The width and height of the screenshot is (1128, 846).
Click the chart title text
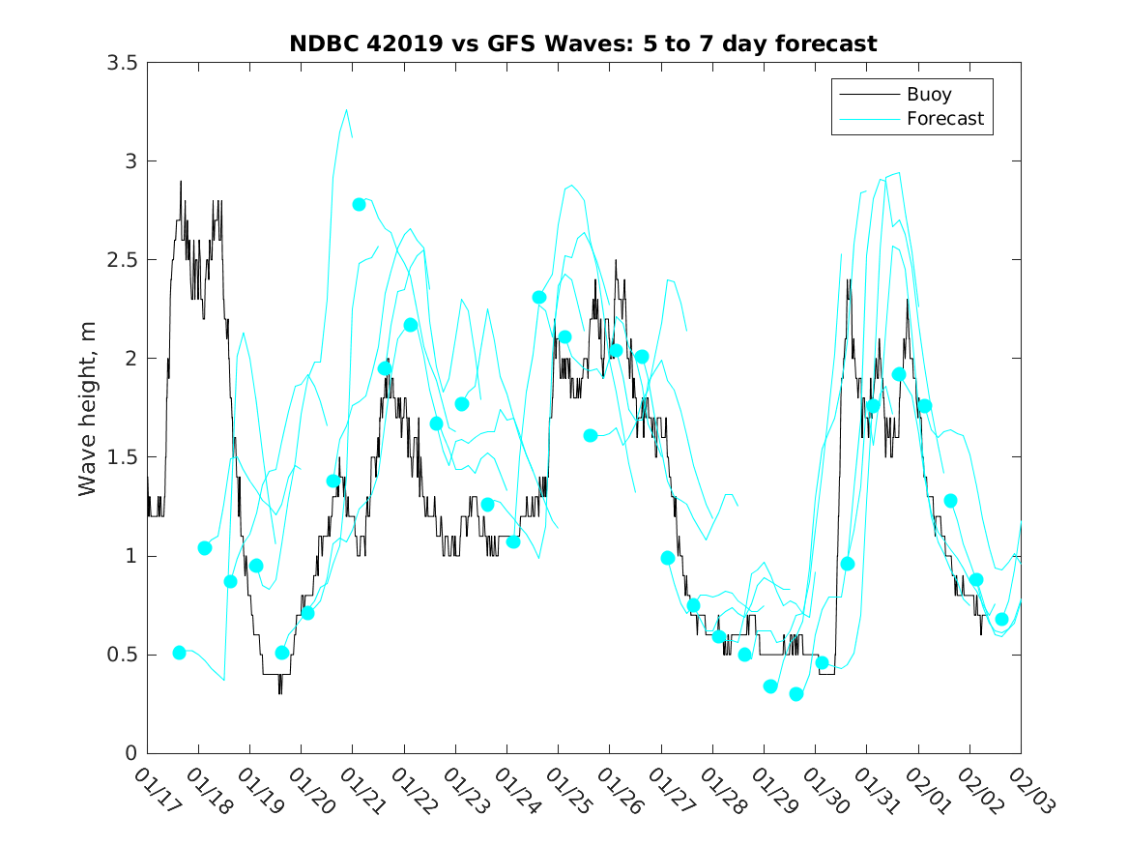tap(583, 44)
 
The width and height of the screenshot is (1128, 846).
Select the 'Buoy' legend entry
tap(928, 95)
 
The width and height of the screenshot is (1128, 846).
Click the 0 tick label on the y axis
tap(130, 753)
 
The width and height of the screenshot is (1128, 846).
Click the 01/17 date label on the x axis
tap(155, 792)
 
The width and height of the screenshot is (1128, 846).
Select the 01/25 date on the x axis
tap(565, 792)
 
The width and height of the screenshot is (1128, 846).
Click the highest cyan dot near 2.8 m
tap(359, 204)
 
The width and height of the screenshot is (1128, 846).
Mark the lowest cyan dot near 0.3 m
tap(796, 694)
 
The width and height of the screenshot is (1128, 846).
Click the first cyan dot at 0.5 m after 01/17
tap(179, 653)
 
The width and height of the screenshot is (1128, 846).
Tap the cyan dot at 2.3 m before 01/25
tap(539, 298)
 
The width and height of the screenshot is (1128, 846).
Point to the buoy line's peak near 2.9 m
tap(180, 182)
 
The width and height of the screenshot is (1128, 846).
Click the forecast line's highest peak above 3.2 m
tap(347, 110)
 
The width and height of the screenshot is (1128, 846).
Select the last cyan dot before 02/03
tap(1001, 620)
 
